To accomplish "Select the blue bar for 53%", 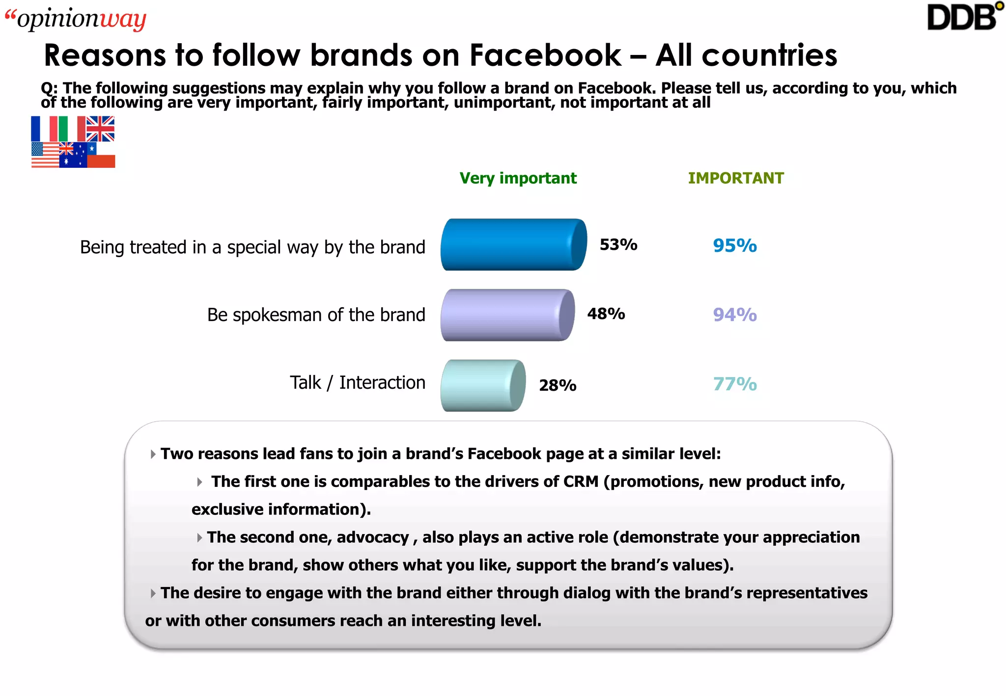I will [513, 244].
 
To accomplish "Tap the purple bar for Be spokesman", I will [507, 315].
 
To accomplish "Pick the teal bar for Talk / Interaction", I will [483, 385].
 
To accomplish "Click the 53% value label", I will [618, 244].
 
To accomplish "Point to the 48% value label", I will [606, 314].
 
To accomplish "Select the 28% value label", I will [558, 385].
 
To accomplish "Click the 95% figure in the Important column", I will [735, 245].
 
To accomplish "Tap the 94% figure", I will [735, 315].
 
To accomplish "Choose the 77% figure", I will [735, 384].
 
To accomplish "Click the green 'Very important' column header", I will [518, 178].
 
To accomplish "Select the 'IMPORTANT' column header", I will [736, 178].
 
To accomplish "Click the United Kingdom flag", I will [100, 129].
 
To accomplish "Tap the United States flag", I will [45, 155].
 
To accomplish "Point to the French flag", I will [40, 129].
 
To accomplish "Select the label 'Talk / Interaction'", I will [357, 382].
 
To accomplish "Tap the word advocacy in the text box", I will [373, 537].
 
